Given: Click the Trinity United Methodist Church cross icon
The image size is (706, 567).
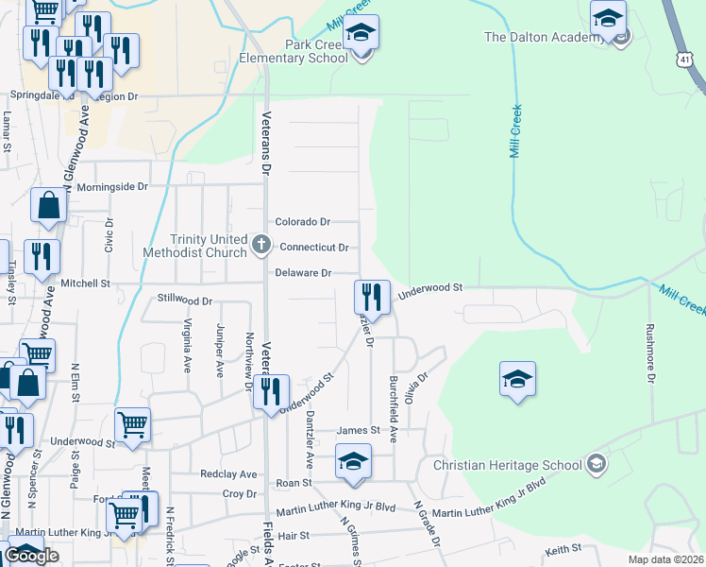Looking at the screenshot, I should click(x=262, y=246).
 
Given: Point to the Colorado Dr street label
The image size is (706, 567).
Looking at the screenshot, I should click(x=303, y=222).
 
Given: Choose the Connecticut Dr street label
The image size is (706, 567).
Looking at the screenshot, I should click(x=315, y=248).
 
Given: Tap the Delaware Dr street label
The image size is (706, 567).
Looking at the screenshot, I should click(x=303, y=273).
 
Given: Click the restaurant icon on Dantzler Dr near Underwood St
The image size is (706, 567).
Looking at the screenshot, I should click(x=372, y=297).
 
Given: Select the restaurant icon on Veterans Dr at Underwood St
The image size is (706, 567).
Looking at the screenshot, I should click(x=271, y=391).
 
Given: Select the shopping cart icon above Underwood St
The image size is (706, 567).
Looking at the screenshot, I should click(x=132, y=424).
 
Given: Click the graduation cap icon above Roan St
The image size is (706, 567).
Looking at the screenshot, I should click(x=353, y=461).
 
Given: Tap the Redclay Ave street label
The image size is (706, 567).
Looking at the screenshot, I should click(x=227, y=473).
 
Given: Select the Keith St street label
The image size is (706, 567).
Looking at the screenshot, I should click(x=562, y=550).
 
